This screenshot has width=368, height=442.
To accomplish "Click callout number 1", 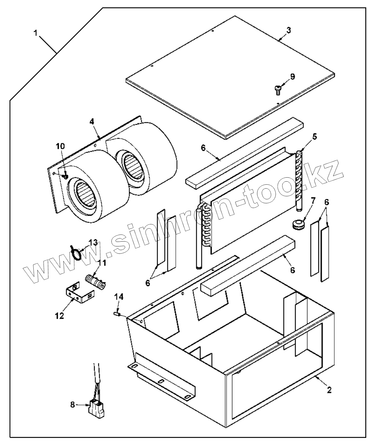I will [x=35, y=33].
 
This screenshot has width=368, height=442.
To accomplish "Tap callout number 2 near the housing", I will [x=329, y=390].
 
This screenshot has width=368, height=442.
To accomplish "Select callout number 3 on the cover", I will [x=288, y=30].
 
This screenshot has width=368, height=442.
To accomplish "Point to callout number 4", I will [x=92, y=122].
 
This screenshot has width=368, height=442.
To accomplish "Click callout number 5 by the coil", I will [x=314, y=136].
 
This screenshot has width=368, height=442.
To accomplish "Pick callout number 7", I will [x=313, y=200].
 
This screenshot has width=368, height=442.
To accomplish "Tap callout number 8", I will [x=72, y=405].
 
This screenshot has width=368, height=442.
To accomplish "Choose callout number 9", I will [x=292, y=77].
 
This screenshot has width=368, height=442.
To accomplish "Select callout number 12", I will [x=59, y=316].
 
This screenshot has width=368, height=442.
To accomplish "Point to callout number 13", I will [x=93, y=243].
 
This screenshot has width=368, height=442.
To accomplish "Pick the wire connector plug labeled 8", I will [x=97, y=407].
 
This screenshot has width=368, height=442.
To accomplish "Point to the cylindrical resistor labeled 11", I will [x=95, y=281].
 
